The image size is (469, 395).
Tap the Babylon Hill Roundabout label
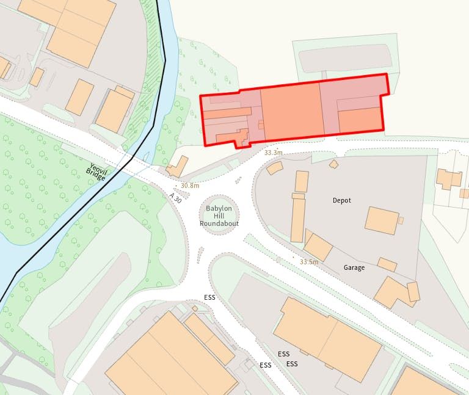[219, 216]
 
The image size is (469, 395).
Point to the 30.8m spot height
[190, 186]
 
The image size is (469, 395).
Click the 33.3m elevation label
[274, 153]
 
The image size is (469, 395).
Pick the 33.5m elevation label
[309, 262]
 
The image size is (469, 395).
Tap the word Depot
[342, 200]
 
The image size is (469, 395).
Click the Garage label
[354, 267]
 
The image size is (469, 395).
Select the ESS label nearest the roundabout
[209, 297]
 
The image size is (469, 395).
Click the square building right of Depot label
[382, 220]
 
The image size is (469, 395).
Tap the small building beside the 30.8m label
[177, 167]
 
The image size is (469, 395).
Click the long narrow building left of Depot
[297, 218]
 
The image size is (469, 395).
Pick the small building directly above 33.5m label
[318, 247]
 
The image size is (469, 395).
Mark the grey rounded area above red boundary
[345, 57]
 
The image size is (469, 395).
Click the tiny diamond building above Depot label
[333, 164]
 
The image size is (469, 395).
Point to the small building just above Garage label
[387, 264]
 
